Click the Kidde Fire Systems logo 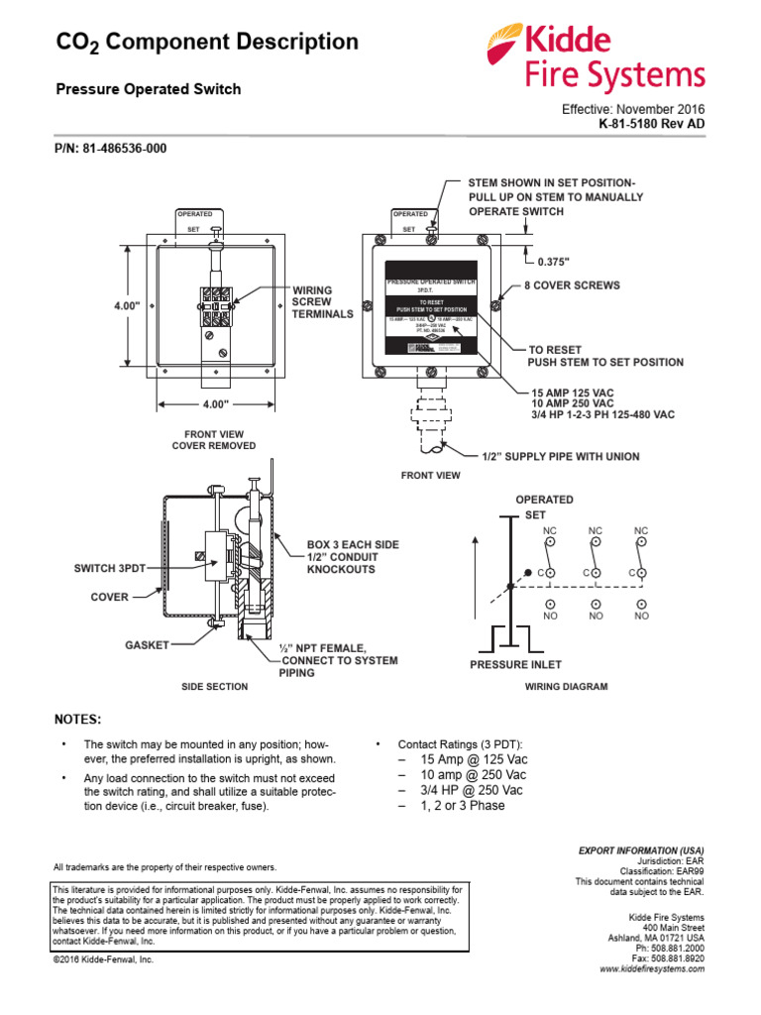[595, 57]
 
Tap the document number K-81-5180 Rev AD [651, 125]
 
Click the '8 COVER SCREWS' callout [572, 285]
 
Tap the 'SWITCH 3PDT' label [110, 569]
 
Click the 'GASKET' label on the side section [146, 644]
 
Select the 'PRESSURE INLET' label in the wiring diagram [516, 665]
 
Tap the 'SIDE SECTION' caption [214, 686]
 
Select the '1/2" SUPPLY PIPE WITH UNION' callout [560, 456]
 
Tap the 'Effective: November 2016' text [633, 110]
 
